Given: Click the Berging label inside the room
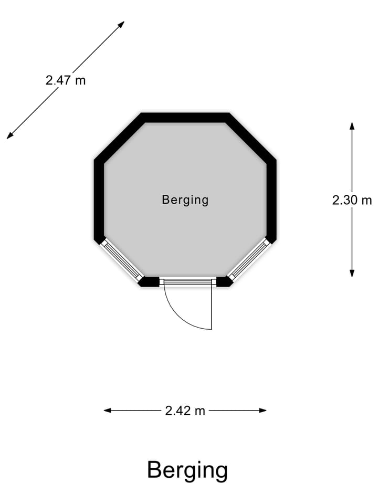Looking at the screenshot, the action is (185, 200).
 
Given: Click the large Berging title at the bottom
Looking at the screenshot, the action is (187, 470).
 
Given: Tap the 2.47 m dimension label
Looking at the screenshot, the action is (66, 80).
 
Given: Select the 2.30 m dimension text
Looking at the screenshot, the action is (352, 200).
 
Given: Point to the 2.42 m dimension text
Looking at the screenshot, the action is (185, 411).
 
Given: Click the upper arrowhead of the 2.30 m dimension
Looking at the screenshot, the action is (352, 125).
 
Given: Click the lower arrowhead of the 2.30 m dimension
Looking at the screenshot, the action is (352, 274).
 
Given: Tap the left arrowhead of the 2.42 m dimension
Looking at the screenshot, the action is (107, 411).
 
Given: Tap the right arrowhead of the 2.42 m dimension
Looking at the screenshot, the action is (263, 411).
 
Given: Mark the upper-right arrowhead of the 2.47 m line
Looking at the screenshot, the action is (121, 24).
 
